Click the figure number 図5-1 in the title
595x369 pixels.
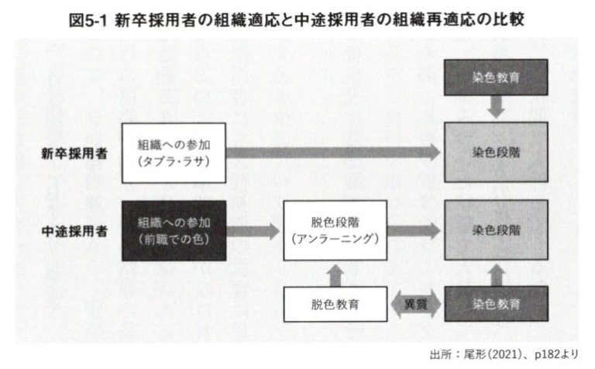[88, 19]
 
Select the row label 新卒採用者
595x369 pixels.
[74, 153]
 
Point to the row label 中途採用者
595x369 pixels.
[74, 231]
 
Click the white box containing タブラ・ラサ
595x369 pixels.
[174, 153]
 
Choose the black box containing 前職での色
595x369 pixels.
[174, 231]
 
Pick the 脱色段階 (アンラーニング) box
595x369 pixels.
[335, 230]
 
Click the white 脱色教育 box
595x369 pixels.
[335, 305]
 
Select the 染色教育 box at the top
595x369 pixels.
[496, 78]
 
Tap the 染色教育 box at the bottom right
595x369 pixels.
[496, 304]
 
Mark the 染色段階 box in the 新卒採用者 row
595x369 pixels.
[496, 152]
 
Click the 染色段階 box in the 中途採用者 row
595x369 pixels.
[496, 230]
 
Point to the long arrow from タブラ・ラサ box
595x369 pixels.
[333, 153]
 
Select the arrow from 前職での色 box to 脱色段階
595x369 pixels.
[253, 231]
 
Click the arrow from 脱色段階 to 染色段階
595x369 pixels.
[414, 231]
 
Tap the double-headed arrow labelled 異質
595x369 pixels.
[416, 304]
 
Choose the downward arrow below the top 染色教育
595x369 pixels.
[496, 107]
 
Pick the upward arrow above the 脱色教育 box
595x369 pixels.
[335, 275]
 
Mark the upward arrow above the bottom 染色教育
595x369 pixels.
[497, 275]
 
